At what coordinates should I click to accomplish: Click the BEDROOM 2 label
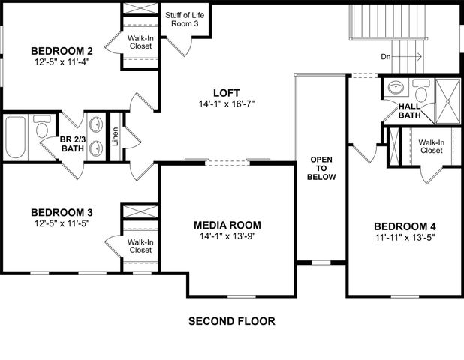point(57,51)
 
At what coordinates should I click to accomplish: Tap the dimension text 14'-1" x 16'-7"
point(227,104)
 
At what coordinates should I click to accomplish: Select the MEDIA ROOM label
point(227,225)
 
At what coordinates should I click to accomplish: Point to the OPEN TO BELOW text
point(322,168)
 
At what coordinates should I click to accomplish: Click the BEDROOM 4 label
point(405,226)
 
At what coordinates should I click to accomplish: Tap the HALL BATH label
point(409,111)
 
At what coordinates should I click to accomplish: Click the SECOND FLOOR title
point(231,321)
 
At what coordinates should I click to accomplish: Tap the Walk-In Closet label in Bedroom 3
point(140,246)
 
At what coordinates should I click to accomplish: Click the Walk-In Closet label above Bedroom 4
point(431,146)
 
